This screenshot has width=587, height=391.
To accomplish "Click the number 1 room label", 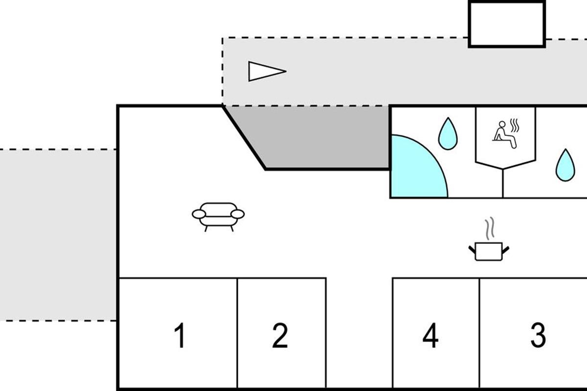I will pos(181,336).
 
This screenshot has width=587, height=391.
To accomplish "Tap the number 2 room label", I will pos(280,336).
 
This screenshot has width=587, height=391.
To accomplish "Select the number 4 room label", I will pos(430,336).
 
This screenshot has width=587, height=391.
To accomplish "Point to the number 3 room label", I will pos(538,336).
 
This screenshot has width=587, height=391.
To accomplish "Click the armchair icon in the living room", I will pos(218,216).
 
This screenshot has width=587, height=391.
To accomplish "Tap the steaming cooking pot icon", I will pos(489,251).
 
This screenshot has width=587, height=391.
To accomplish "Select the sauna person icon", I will pos(504,133).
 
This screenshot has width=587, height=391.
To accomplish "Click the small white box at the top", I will pos(507,24).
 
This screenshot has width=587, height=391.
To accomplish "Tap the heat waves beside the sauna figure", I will pos(514,126).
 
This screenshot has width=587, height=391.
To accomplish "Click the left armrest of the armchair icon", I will pos(199,214).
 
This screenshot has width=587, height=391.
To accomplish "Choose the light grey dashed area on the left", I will pos(58,235).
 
